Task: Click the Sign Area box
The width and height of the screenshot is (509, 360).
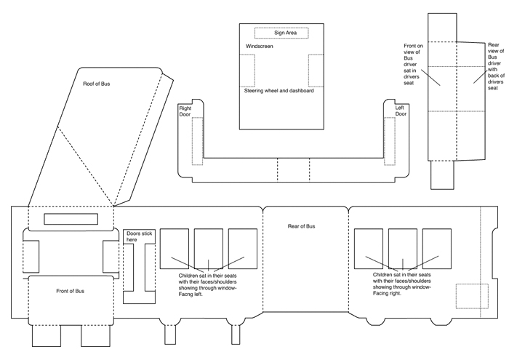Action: [x=281, y=33]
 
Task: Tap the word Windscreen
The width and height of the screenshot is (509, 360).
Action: [x=259, y=47]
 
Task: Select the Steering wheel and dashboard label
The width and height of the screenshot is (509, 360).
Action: [x=279, y=91]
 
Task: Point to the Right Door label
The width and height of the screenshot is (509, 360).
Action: [x=185, y=111]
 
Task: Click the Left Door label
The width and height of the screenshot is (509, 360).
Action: [x=401, y=111]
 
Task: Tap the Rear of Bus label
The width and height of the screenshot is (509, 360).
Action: [x=302, y=227]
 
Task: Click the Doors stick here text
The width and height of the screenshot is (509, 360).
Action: [x=137, y=236]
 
